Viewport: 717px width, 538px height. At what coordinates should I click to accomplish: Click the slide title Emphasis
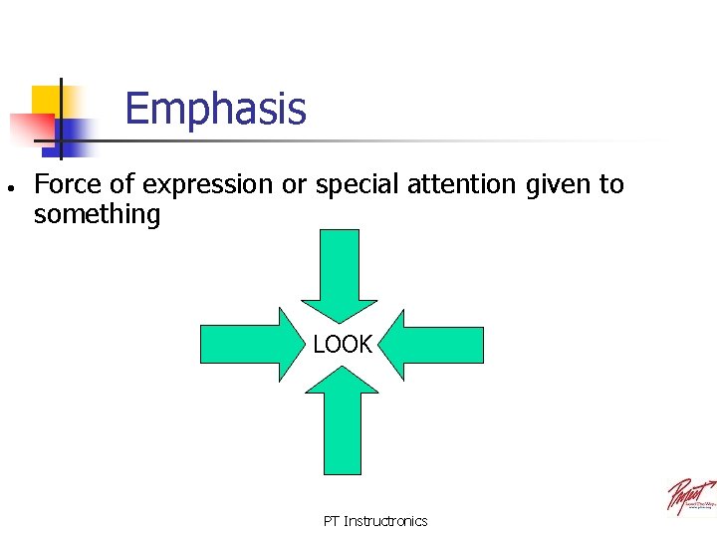click(x=216, y=109)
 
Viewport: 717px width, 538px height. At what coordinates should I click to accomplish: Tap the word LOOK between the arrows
click(x=343, y=345)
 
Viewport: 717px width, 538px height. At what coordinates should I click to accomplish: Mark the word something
click(x=97, y=214)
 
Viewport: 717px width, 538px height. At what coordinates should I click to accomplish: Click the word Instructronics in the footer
click(x=385, y=521)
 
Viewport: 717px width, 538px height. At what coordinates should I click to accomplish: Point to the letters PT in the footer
click(x=332, y=521)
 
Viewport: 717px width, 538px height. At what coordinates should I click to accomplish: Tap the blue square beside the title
click(x=76, y=132)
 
